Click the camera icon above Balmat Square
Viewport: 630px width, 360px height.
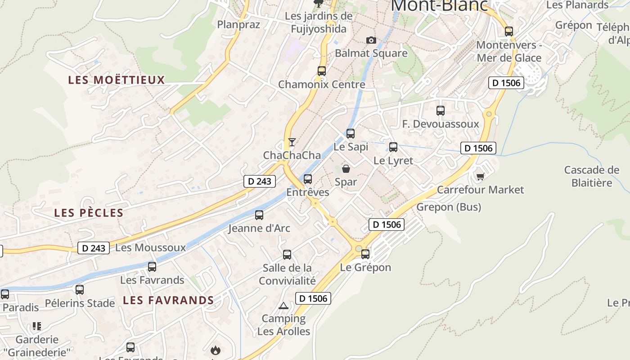click(371, 40)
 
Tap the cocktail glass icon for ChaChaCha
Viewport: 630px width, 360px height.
click(292, 142)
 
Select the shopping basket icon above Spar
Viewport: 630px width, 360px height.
click(346, 169)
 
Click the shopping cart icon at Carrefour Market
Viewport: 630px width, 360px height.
click(480, 176)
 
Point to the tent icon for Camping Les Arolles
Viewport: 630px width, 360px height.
click(283, 306)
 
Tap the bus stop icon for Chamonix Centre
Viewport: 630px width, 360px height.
click(321, 71)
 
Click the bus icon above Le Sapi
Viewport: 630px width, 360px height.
click(351, 133)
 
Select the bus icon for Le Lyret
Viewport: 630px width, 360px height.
click(393, 147)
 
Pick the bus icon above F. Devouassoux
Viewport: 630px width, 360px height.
click(441, 110)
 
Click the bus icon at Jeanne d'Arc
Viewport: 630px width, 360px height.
click(259, 215)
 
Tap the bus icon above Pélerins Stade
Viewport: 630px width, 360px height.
click(80, 289)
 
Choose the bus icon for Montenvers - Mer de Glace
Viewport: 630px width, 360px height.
click(509, 31)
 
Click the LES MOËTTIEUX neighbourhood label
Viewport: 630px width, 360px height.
click(117, 80)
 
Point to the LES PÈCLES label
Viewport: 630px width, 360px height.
click(89, 213)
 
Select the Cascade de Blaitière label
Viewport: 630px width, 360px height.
click(592, 176)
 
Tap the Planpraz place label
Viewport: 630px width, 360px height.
click(238, 24)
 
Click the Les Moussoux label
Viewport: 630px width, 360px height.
click(150, 247)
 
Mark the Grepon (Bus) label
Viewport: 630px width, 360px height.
click(449, 207)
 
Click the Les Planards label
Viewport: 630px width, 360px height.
click(577, 5)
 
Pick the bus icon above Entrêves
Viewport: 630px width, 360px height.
click(308, 179)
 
